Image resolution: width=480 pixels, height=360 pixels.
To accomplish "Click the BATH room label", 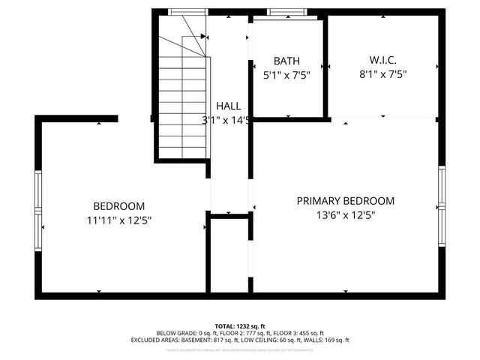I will click(x=286, y=61).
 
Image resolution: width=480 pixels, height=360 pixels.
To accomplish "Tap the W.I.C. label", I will click(x=382, y=60).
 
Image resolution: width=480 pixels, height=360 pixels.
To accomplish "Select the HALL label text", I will click(x=229, y=106).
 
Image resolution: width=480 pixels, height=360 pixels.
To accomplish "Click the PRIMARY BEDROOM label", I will click(x=345, y=201).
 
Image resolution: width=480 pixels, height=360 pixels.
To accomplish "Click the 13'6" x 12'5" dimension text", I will click(x=346, y=214).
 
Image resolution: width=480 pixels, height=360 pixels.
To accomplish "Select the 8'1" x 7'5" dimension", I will click(x=382, y=74).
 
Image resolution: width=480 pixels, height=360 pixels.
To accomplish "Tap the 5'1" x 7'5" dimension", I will click(x=286, y=75).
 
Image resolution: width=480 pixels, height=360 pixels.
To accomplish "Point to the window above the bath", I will click(x=287, y=12).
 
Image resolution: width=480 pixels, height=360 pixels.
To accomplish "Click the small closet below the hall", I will click(x=229, y=255).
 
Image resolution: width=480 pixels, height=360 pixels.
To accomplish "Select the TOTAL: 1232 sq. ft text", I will click(x=240, y=326).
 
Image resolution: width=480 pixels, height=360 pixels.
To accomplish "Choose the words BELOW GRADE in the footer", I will click(x=175, y=333).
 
